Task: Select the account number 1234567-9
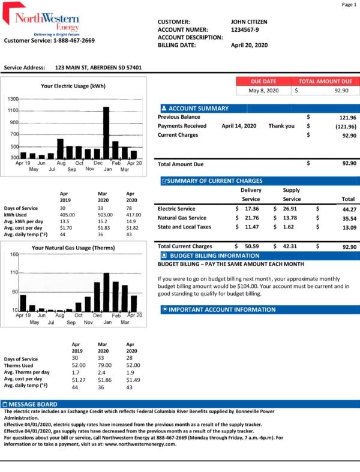click(x=245, y=29)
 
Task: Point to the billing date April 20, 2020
click(x=249, y=45)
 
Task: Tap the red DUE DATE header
click(x=263, y=81)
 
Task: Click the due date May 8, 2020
click(x=263, y=90)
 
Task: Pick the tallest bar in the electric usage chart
click(x=106, y=132)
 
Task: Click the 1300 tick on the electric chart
click(x=13, y=98)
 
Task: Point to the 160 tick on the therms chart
click(x=14, y=254)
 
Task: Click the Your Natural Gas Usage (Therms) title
click(x=73, y=248)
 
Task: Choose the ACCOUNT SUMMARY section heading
click(x=199, y=109)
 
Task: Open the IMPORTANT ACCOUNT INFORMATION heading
click(x=222, y=309)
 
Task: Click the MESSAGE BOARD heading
click(x=34, y=404)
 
